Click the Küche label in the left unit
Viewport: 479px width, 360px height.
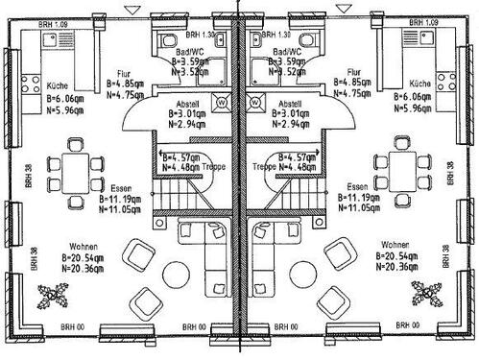pos(56,85)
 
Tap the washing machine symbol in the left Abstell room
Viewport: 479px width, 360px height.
pos(220,100)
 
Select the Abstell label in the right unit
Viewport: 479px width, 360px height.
pos(288,104)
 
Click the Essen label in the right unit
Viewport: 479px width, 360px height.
pos(358,186)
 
